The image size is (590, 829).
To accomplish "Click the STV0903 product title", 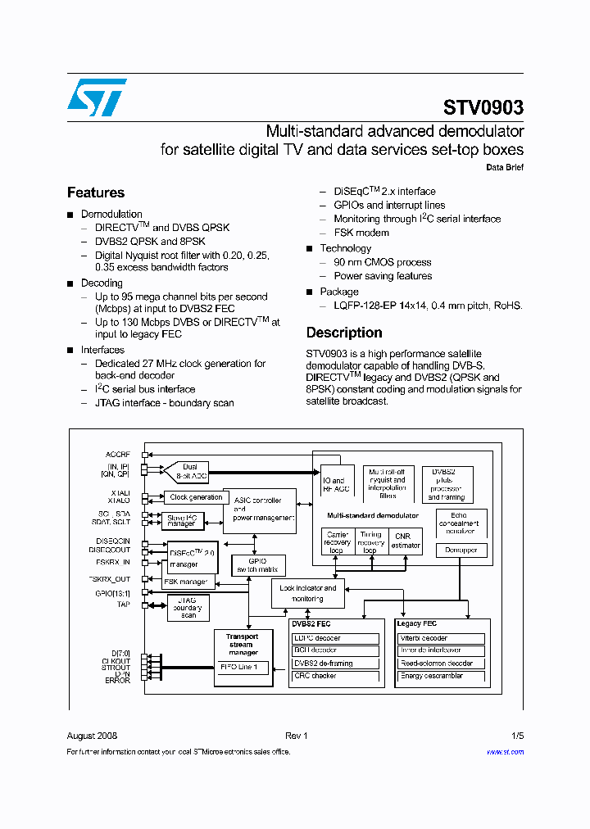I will pos(483,108).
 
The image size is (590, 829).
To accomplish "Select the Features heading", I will pos(96,193).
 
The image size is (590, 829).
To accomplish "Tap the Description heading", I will pos(344,333).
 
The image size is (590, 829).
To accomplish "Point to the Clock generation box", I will pos(196,496).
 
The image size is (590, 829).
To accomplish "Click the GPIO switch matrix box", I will pos(257,564).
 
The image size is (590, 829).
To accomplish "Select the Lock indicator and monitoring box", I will pos(308,593).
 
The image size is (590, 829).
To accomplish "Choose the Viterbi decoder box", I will pos(441,638).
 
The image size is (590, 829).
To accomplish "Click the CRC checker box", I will pos(336,676).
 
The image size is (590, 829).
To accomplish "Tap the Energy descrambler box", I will pos(441,676).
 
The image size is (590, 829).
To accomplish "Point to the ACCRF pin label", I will pos(118,454).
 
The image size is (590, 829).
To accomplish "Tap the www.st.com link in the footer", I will pos(505,751).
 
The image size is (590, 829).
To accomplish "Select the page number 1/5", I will pos(517,736).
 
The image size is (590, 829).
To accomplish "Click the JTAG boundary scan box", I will pos(188,608).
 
